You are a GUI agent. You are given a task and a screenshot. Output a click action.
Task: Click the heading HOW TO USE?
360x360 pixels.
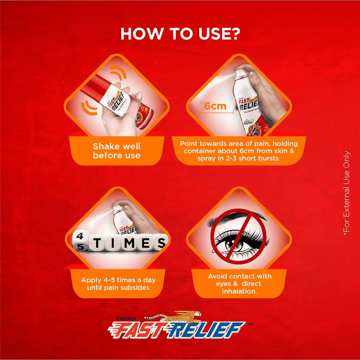180,34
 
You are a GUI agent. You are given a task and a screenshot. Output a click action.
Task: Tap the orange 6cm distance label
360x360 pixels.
215,106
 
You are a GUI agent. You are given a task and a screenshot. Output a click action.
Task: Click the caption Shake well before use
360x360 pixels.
116,151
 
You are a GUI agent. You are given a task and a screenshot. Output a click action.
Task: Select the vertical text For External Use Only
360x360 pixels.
346,193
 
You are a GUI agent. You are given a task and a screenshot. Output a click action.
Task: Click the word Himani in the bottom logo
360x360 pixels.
126,318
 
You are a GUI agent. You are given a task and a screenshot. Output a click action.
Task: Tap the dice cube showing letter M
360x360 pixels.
129,242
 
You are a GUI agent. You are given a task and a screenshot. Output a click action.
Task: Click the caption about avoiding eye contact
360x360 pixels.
239,283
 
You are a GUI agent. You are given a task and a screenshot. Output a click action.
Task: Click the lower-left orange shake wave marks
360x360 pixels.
88,108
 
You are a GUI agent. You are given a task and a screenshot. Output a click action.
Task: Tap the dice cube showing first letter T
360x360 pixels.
97,242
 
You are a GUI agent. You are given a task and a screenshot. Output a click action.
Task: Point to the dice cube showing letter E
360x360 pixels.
145,242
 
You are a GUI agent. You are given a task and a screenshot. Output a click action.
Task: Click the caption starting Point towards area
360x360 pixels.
239,151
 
